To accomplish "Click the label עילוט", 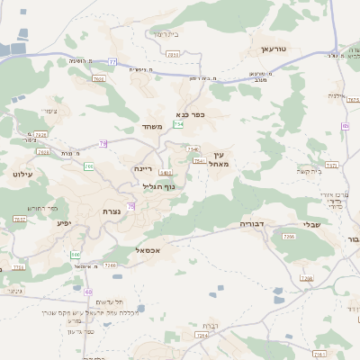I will tap(22, 173).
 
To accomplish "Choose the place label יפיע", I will tap(63, 222).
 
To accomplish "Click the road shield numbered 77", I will tap(112, 61).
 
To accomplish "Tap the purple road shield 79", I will tap(103, 143).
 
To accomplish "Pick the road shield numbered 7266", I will tap(289, 236).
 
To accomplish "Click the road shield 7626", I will tap(41, 134).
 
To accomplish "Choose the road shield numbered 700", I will tap(88, 167).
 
